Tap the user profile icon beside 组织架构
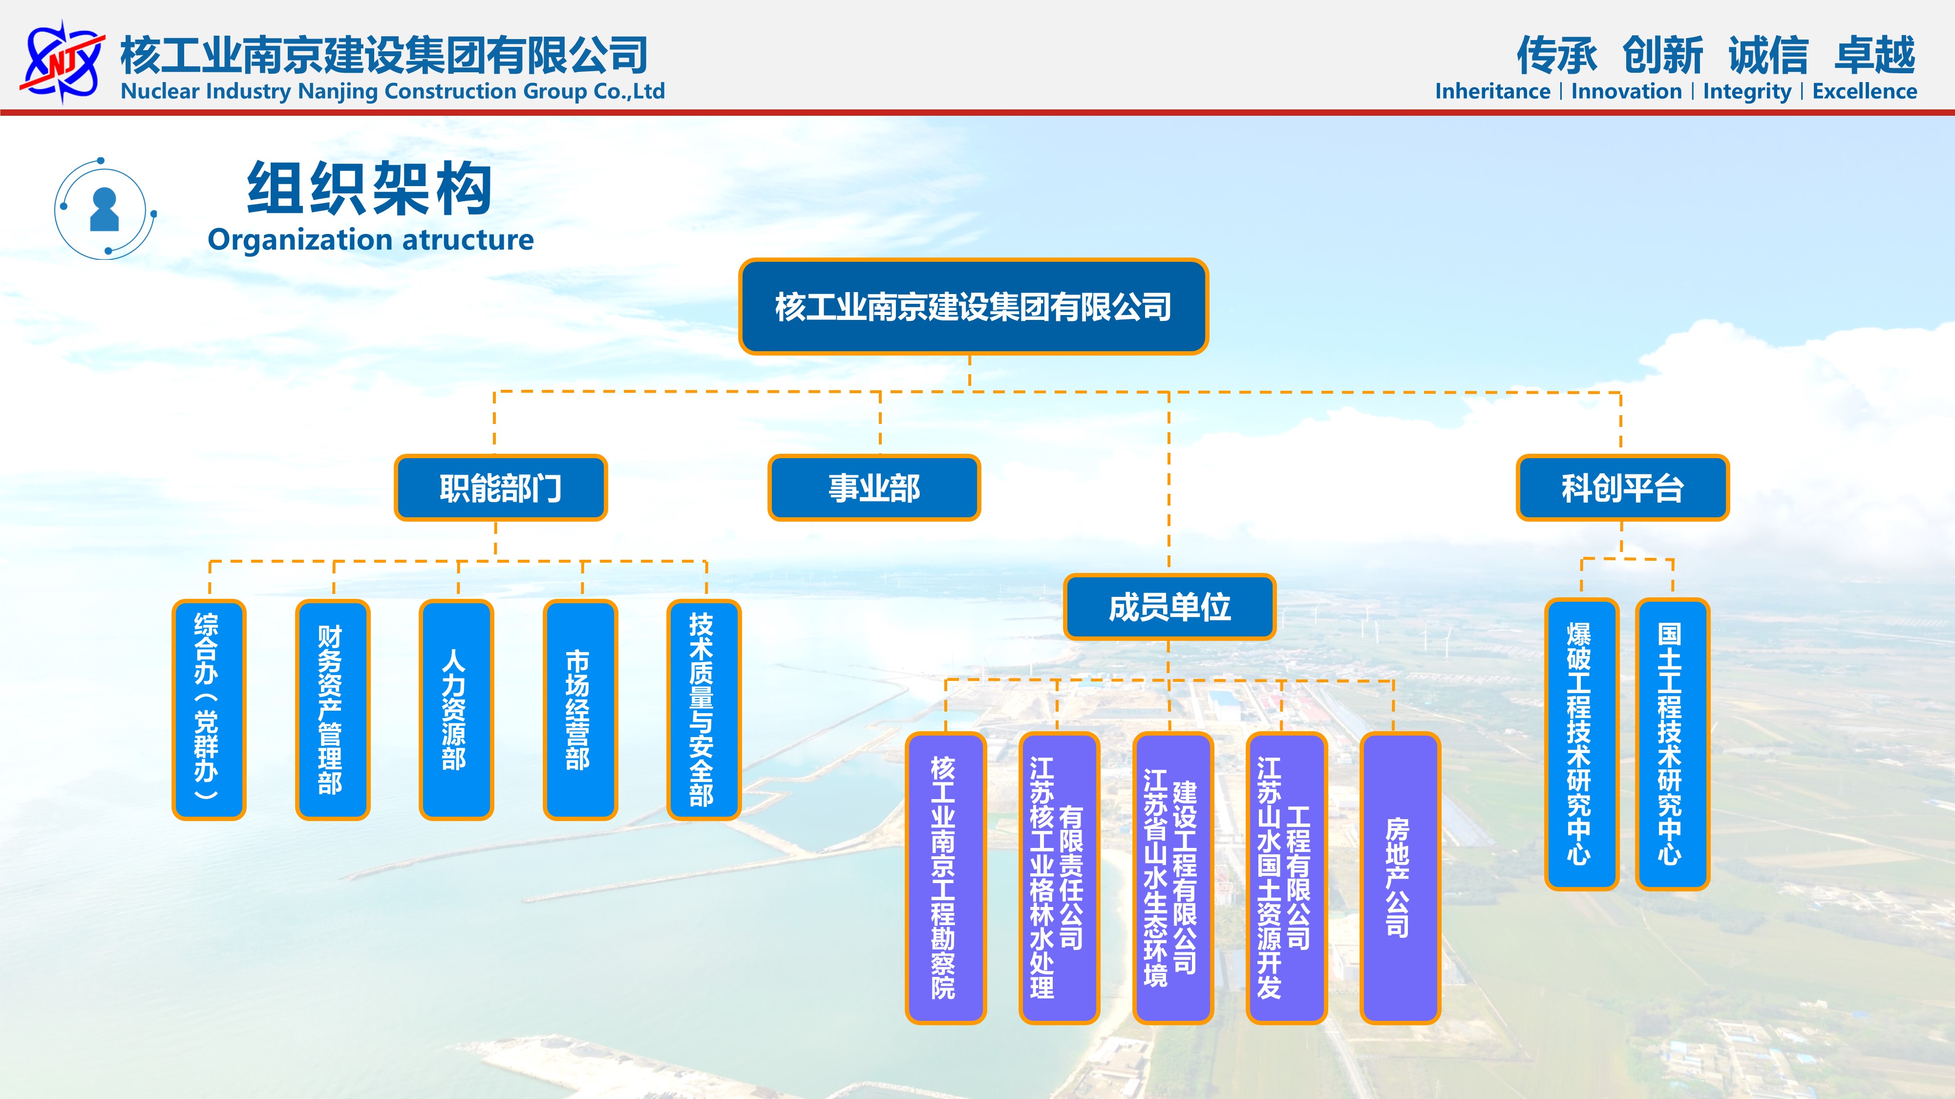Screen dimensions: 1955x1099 [x=105, y=209]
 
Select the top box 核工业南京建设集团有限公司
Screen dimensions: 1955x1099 [x=973, y=307]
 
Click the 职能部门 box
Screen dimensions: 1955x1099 [x=501, y=488]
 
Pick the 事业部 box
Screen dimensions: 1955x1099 [x=874, y=488]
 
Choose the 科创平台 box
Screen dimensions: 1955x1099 [x=1623, y=488]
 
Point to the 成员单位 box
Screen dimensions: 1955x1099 [x=1169, y=607]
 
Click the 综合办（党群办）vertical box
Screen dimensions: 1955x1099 [x=209, y=710]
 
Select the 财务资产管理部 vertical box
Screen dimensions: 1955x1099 [x=332, y=710]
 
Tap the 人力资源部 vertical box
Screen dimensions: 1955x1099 [x=456, y=710]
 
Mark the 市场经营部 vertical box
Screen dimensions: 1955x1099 [x=580, y=710]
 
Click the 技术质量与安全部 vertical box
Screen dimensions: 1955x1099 [x=703, y=710]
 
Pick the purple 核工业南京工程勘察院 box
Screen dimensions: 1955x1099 [x=946, y=878]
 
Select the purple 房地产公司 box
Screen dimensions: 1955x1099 [x=1400, y=878]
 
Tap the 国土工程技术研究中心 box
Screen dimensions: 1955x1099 [x=1673, y=744]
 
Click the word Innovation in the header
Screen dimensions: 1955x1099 [x=1626, y=91]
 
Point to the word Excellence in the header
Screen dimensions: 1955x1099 [x=1865, y=91]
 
